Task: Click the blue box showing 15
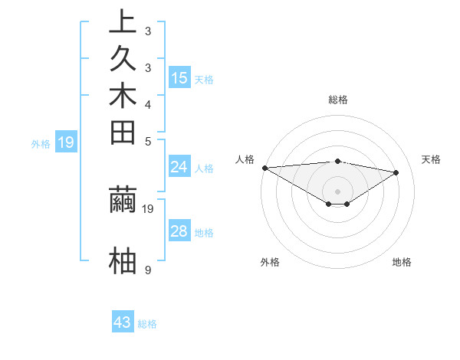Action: pos(179,78)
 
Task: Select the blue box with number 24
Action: pos(179,167)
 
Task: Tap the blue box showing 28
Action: pos(179,231)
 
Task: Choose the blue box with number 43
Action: pos(123,322)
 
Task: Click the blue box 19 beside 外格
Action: pos(66,142)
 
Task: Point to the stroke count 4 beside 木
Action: pos(147,104)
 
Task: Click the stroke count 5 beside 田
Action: pos(147,141)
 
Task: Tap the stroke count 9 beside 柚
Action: pos(147,270)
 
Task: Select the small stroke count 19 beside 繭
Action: pos(149,208)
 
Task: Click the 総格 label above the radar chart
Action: pos(338,100)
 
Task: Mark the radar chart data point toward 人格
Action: pos(264,168)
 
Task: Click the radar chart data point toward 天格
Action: pos(396,172)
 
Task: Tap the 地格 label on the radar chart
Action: pos(402,262)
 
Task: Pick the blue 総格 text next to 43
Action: pos(147,324)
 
